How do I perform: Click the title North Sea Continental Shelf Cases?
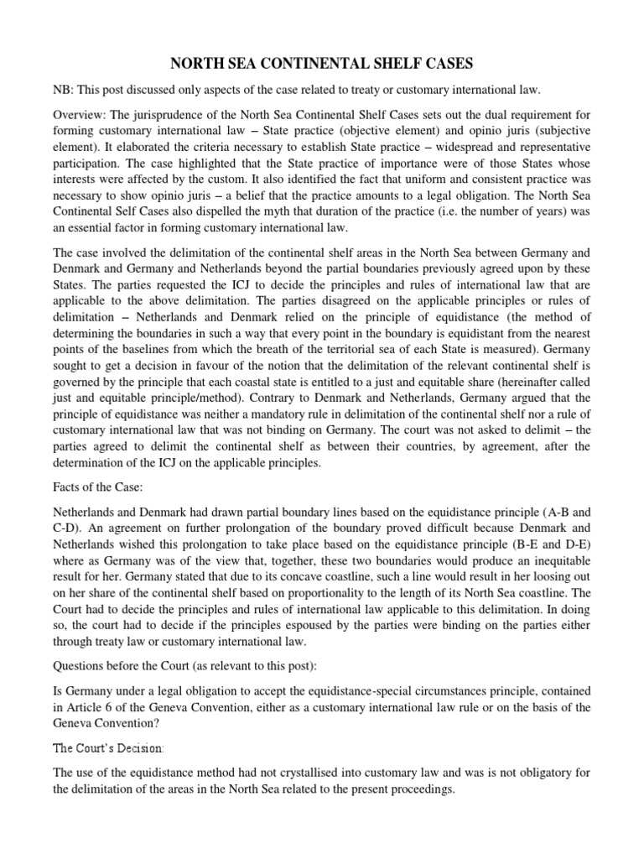coord(321,62)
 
